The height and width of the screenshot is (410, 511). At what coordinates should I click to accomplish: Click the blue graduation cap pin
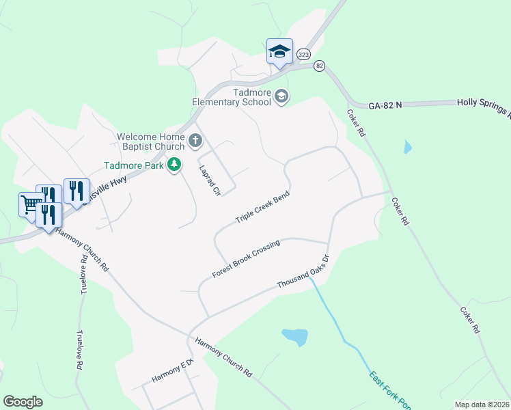click(279, 52)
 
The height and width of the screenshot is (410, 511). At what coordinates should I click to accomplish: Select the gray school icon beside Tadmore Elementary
click(281, 98)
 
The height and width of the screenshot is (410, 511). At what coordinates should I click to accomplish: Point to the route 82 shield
click(319, 66)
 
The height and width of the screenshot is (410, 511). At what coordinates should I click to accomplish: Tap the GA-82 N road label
click(385, 106)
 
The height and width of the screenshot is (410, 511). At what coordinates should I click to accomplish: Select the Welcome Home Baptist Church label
click(151, 141)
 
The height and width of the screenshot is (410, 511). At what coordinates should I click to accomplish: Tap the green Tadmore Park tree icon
click(175, 165)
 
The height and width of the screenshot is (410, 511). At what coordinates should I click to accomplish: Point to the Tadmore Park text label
click(134, 165)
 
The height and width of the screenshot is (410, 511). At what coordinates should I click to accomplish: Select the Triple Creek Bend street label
click(263, 208)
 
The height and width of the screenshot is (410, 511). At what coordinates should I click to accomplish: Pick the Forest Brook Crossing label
click(246, 259)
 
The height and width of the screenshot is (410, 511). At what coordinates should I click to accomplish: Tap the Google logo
click(23, 402)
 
